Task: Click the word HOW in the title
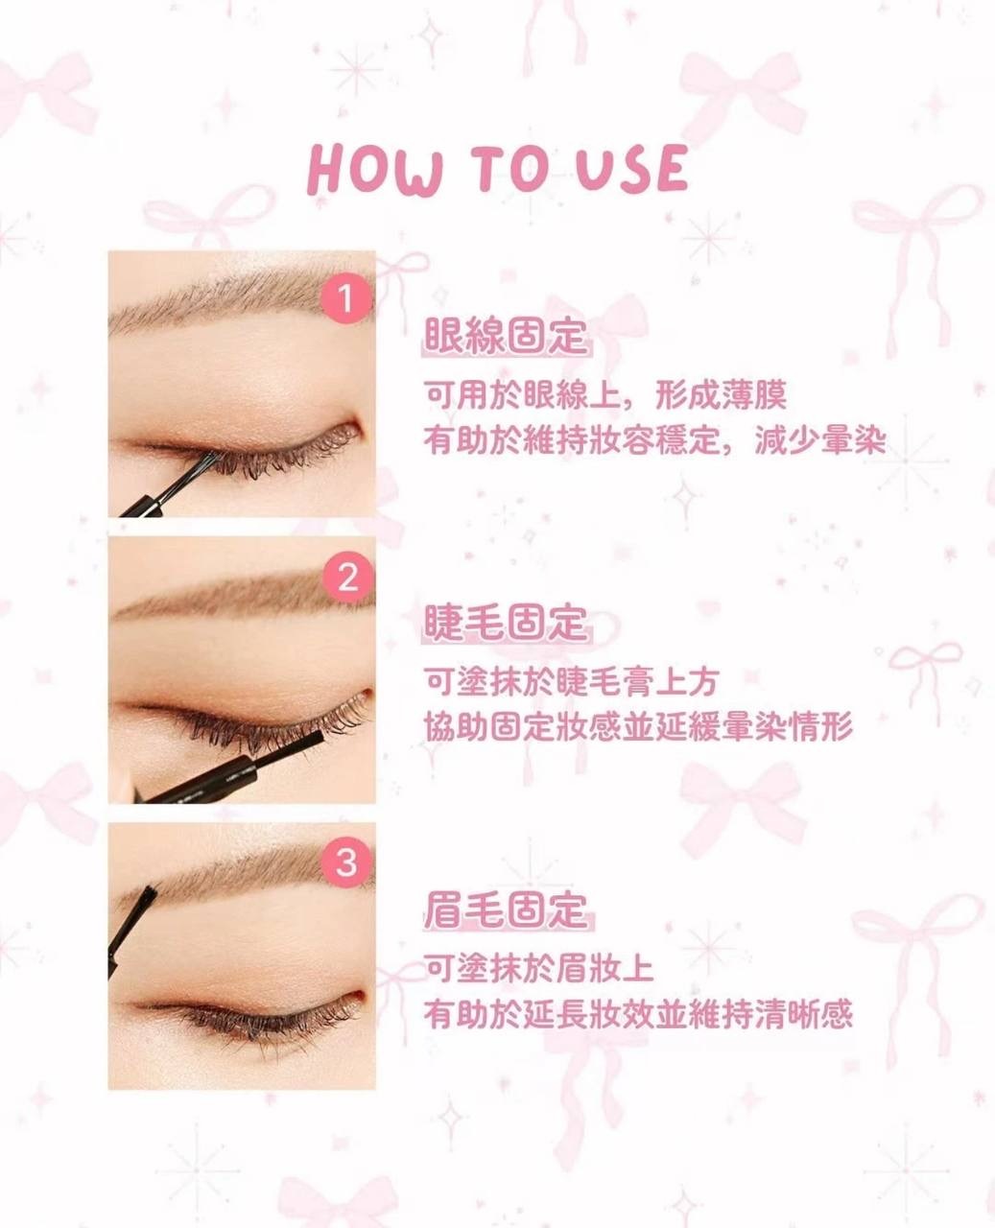375,171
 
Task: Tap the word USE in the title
632,168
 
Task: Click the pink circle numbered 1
345,298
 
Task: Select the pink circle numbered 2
345,578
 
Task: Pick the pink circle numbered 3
345,863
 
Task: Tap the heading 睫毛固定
505,623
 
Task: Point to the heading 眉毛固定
505,909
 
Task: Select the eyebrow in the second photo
242,594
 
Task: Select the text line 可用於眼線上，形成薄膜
605,395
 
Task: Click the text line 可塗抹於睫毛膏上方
571,682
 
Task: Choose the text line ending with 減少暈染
655,441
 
